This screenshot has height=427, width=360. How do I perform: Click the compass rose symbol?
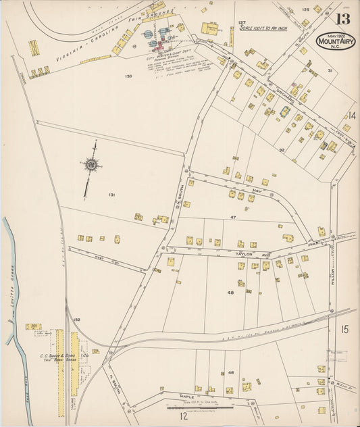90,163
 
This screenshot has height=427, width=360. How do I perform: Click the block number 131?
111,195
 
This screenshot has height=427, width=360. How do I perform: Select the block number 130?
128,76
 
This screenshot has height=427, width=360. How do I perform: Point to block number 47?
232,218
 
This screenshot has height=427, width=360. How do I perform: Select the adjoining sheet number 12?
182,417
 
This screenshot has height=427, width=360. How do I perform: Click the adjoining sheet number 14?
351,116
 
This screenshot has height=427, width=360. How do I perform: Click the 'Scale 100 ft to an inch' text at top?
274,29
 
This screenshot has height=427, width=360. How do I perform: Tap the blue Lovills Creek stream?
17,304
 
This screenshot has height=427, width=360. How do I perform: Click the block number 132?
77,320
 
